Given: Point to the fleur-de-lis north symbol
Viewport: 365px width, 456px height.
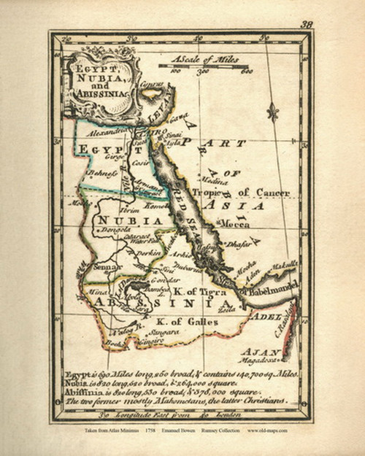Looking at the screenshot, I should [273, 112].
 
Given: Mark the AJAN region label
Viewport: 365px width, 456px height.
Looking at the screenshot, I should [261, 351].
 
